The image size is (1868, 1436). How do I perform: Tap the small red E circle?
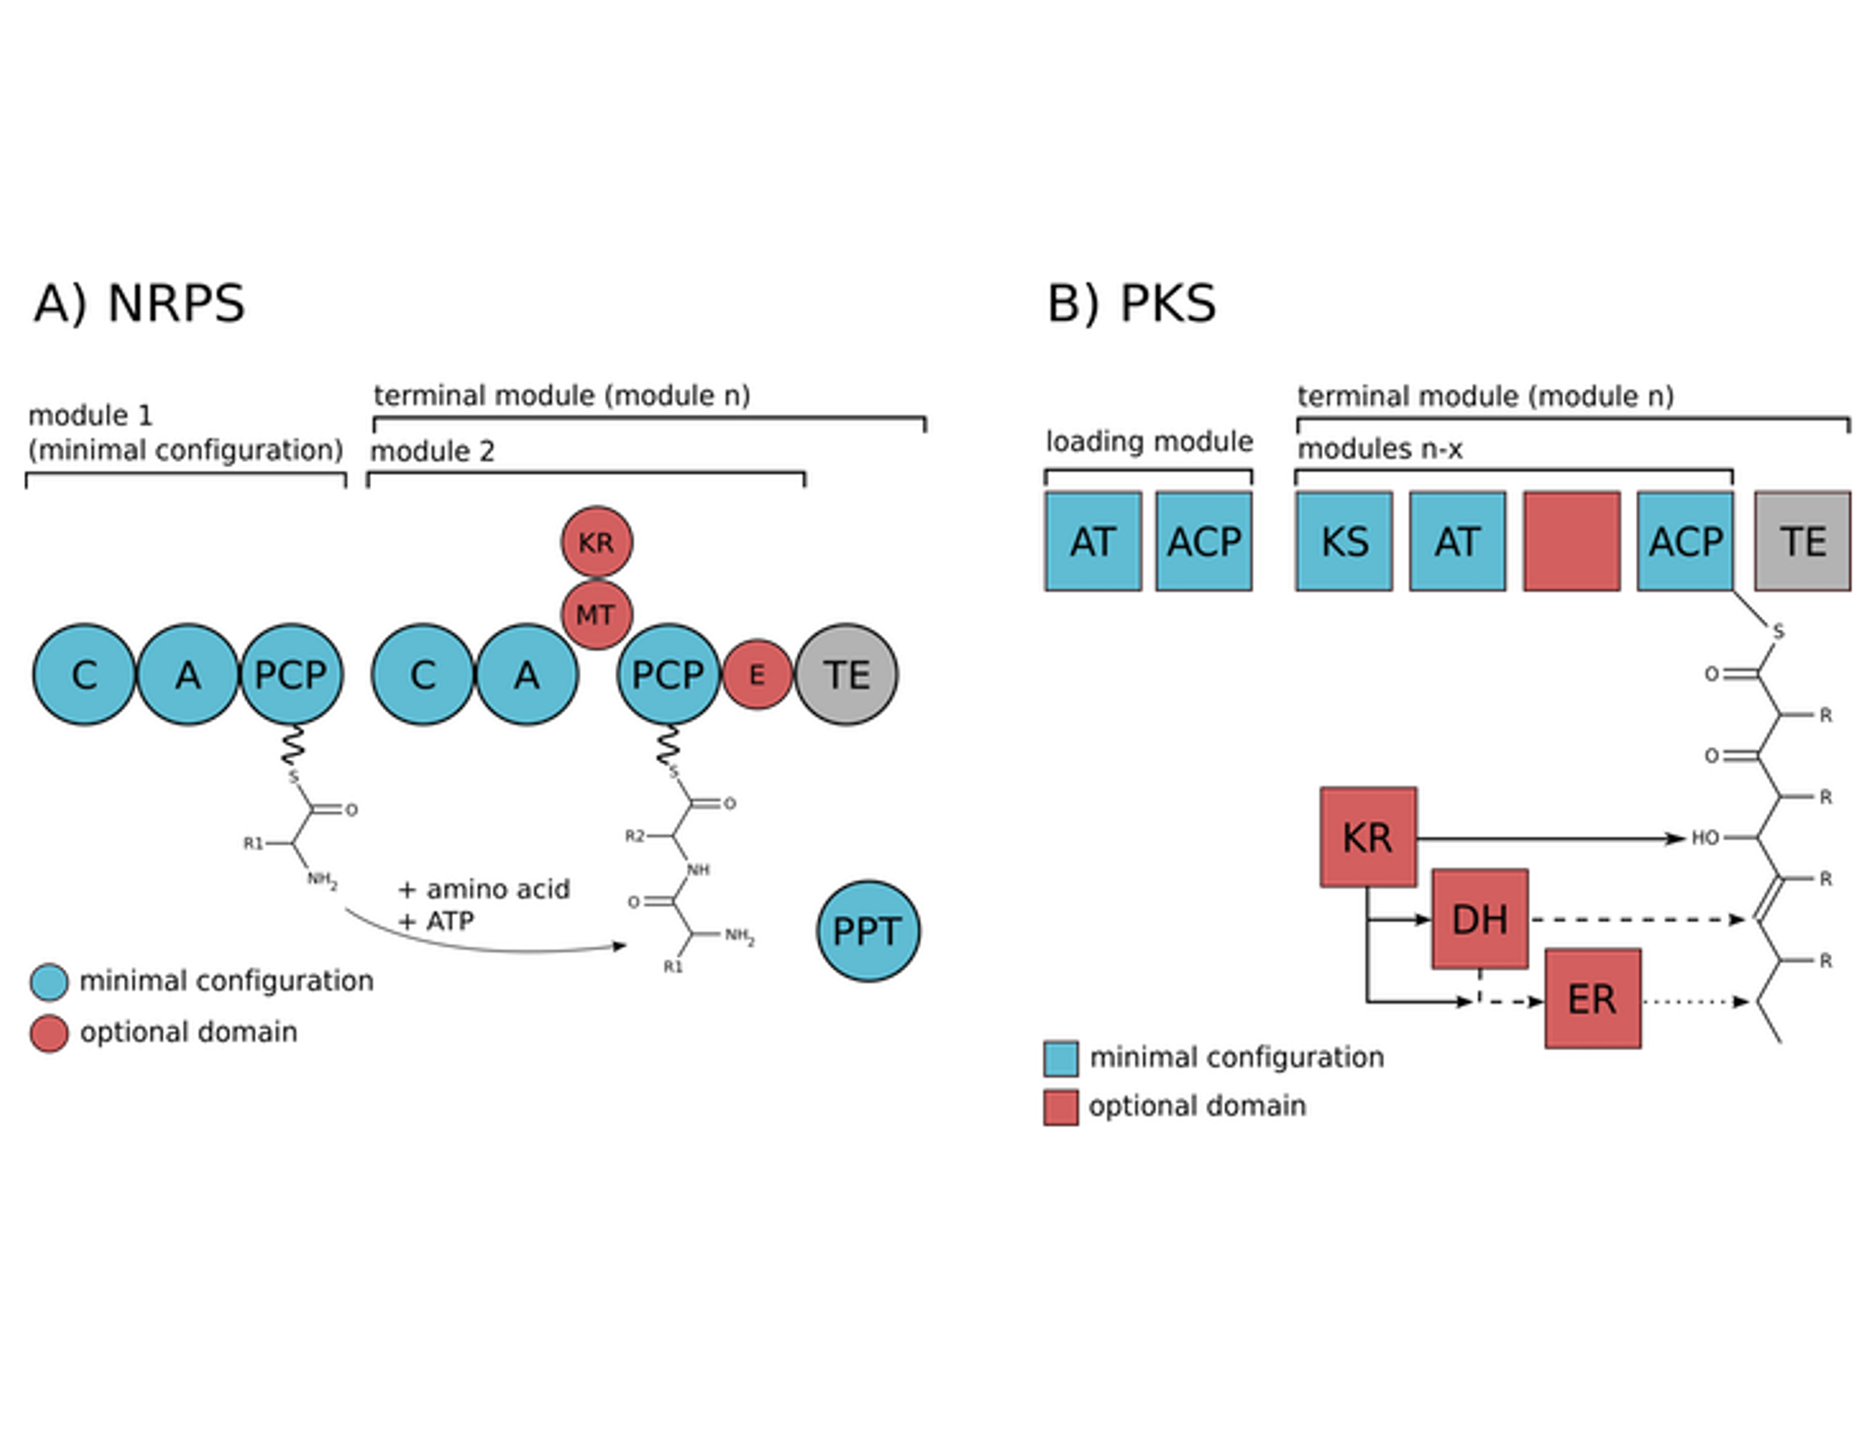pos(756,674)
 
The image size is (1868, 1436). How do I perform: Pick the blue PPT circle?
pos(868,931)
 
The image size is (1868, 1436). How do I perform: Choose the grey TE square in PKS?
pos(1802,541)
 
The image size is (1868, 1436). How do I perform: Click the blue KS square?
pos(1343,541)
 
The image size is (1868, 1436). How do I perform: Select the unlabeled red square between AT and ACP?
pos(1571,541)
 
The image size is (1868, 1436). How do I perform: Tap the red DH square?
pos(1480,919)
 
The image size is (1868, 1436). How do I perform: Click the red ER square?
pos(1592,999)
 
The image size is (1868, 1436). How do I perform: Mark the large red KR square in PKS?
pos(1368,837)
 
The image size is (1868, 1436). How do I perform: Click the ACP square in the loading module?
pos(1203,541)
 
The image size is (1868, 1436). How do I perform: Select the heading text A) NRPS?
pos(139,303)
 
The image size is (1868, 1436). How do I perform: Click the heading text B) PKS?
pos(1131,303)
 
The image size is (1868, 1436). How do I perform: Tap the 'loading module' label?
pos(1149,441)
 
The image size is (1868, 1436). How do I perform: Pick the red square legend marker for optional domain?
pos(1060,1107)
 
